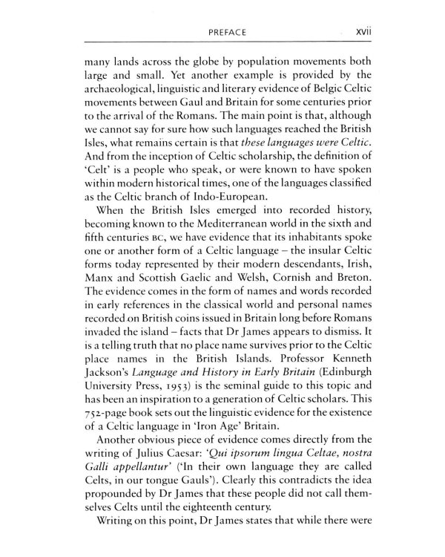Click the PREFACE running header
[x=222, y=33]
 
